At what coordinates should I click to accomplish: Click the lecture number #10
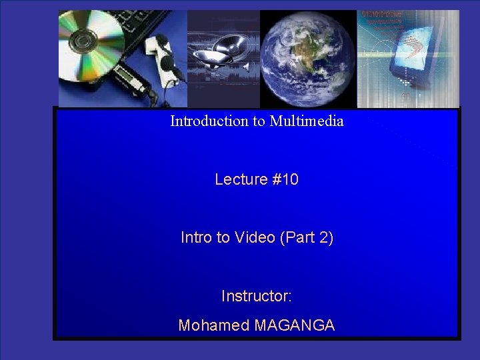(285, 179)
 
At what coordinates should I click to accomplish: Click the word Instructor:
(257, 295)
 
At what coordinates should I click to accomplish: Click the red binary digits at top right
(383, 16)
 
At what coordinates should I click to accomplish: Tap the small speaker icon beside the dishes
(245, 67)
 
